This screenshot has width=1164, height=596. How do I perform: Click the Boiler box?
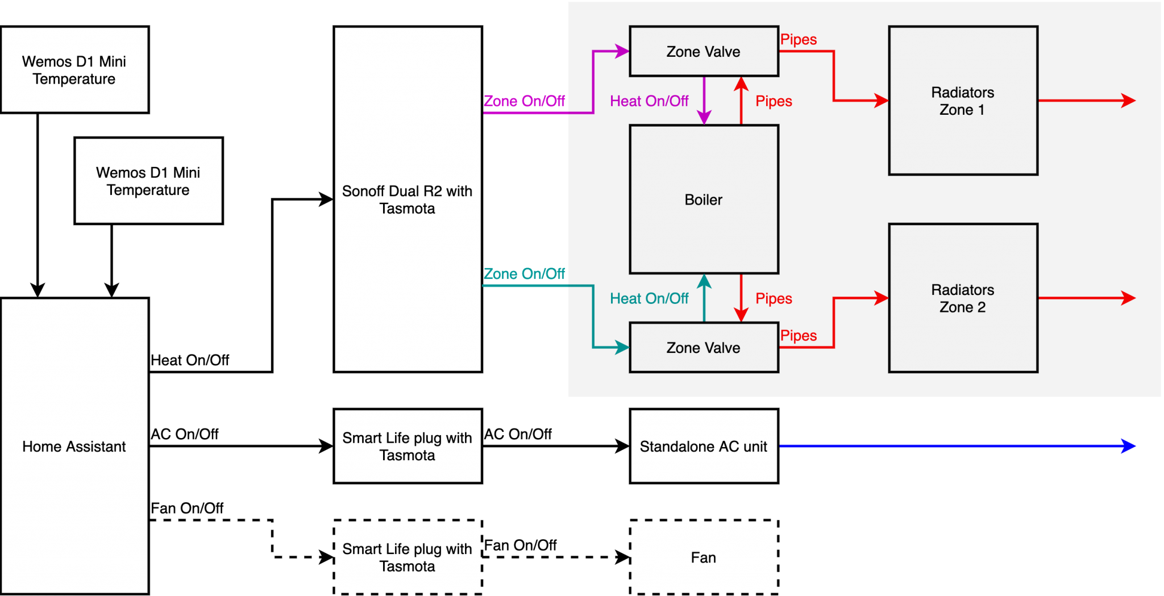[704, 199]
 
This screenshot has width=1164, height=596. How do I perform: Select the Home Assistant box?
[74, 447]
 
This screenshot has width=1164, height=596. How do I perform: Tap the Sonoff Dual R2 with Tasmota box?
[408, 199]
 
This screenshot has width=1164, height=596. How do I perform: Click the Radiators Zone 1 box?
[963, 101]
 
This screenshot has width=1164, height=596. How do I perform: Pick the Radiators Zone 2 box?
[963, 298]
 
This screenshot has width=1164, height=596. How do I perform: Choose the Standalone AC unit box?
[704, 446]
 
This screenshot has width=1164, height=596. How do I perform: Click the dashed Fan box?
[704, 557]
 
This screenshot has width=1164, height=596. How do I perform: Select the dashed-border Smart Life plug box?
[408, 557]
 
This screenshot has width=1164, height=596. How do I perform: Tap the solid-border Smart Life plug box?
[408, 446]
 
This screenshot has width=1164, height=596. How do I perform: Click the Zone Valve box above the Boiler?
[704, 51]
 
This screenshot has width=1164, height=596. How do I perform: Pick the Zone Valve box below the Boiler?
[704, 347]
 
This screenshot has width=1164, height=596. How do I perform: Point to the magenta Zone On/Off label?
[524, 101]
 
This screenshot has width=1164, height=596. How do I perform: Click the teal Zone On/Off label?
[524, 274]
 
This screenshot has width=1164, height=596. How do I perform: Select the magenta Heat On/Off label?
[649, 101]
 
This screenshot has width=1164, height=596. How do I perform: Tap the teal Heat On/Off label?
[649, 298]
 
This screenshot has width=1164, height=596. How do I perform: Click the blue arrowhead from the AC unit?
[1129, 446]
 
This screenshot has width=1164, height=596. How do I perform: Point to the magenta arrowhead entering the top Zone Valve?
[622, 51]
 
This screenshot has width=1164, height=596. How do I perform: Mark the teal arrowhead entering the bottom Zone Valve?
[622, 347]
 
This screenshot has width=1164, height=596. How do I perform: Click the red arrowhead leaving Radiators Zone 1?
[1129, 101]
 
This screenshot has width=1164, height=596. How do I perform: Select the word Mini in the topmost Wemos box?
[113, 61]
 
